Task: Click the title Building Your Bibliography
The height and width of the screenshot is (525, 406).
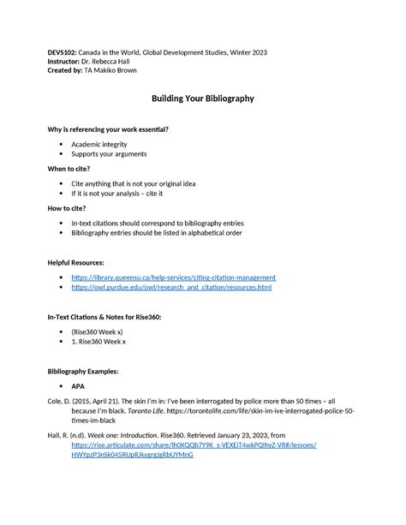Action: [x=203, y=98]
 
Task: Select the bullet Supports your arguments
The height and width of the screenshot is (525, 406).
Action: [x=109, y=154]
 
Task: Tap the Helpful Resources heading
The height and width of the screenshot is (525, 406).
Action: [x=76, y=262]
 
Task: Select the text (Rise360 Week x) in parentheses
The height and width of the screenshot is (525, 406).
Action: [x=98, y=331]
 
